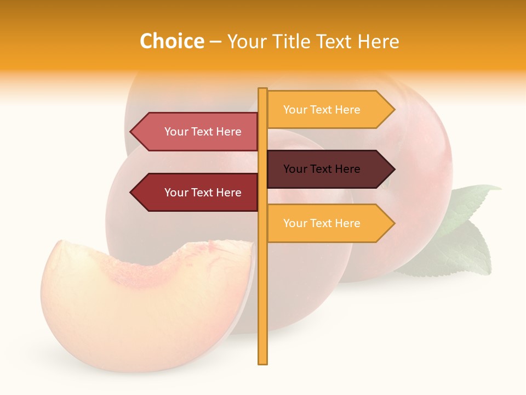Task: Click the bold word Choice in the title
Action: pos(171,42)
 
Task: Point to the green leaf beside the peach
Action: pos(466,230)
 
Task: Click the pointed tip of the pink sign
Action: pos(131,132)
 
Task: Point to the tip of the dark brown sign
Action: pos(393,169)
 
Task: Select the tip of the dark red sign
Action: pos(131,193)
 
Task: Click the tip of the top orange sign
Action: pos(393,110)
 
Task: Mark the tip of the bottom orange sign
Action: pos(393,223)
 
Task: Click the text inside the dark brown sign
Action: pos(322,169)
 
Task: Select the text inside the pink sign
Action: pos(203,132)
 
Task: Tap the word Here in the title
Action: pos(378,42)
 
